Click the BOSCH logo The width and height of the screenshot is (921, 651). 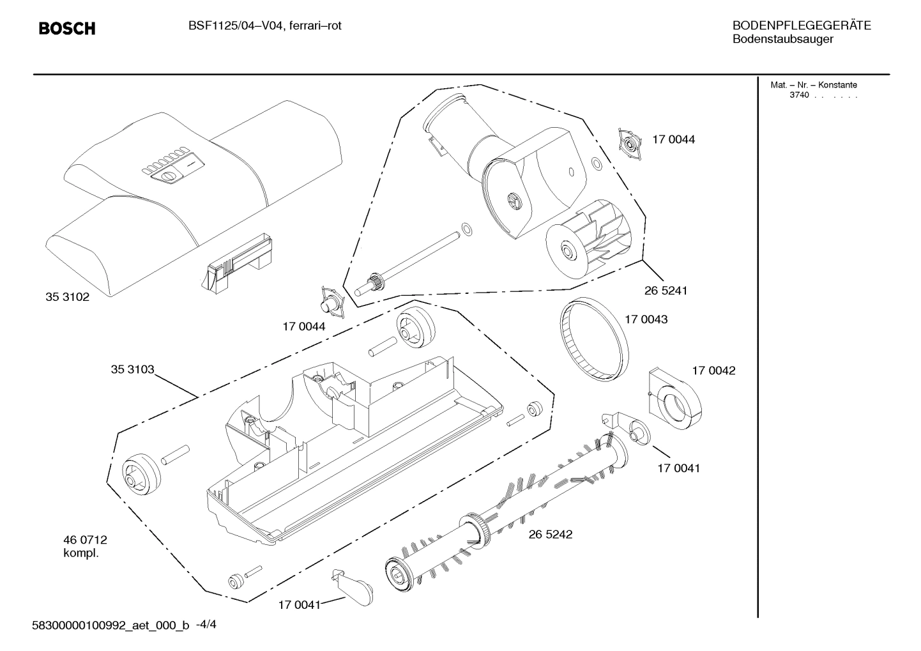point(66,29)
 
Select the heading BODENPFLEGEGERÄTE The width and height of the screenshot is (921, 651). point(801,26)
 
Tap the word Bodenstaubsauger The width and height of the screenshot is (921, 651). point(782,40)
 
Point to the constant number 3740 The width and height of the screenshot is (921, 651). point(798,95)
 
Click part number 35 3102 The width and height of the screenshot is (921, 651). point(67,297)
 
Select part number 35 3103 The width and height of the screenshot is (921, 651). point(132,369)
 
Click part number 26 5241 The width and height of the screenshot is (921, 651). point(666,290)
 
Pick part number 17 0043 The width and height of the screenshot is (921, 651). point(646,319)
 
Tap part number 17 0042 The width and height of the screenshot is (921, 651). point(713,371)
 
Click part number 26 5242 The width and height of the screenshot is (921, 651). point(550,534)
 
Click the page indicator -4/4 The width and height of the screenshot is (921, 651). point(206,625)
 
